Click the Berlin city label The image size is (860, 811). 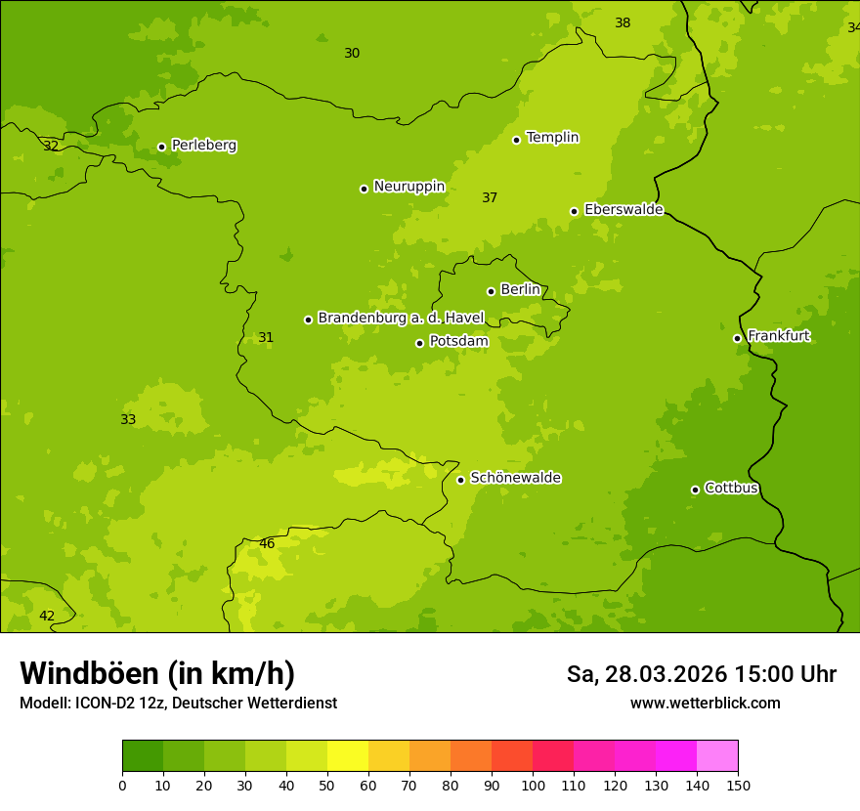click(x=520, y=289)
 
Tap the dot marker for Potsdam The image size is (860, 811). click(x=420, y=343)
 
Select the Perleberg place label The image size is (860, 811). click(x=203, y=146)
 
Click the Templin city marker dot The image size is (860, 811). click(x=517, y=140)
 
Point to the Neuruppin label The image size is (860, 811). click(x=408, y=187)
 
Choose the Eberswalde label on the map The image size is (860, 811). click(x=623, y=210)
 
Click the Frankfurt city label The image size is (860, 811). click(x=779, y=336)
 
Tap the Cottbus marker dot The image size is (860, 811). click(x=696, y=490)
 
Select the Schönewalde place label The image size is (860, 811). click(x=515, y=478)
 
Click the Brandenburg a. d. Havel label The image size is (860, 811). click(x=401, y=318)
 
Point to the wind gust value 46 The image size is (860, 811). click(x=267, y=543)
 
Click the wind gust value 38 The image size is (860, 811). click(x=623, y=22)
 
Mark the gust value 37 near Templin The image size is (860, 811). click(x=490, y=197)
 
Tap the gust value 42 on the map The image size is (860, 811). click(x=47, y=616)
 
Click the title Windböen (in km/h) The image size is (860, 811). click(x=157, y=673)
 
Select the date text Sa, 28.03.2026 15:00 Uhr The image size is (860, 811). click(x=701, y=674)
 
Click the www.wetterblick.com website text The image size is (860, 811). click(x=705, y=703)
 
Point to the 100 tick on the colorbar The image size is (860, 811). click(x=533, y=785)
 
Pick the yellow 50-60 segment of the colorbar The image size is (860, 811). click(x=348, y=756)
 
